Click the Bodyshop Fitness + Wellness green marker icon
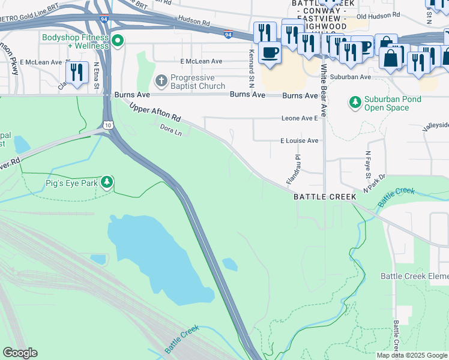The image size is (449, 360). (118, 41)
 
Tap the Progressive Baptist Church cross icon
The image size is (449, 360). (160, 80)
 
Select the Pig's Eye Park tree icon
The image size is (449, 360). (107, 181)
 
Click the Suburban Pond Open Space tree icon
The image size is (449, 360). (355, 103)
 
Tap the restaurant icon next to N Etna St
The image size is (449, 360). (76, 72)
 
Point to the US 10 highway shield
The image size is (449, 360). (106, 125)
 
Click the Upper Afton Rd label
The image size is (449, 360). (155, 110)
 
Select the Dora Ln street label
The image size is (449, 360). (170, 128)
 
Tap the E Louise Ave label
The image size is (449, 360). (299, 140)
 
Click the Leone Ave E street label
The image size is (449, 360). (300, 119)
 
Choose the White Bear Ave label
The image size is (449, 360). (323, 91)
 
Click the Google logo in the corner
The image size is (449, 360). (20, 353)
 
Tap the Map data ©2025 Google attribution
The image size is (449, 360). (412, 355)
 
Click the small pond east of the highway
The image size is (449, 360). (229, 264)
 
